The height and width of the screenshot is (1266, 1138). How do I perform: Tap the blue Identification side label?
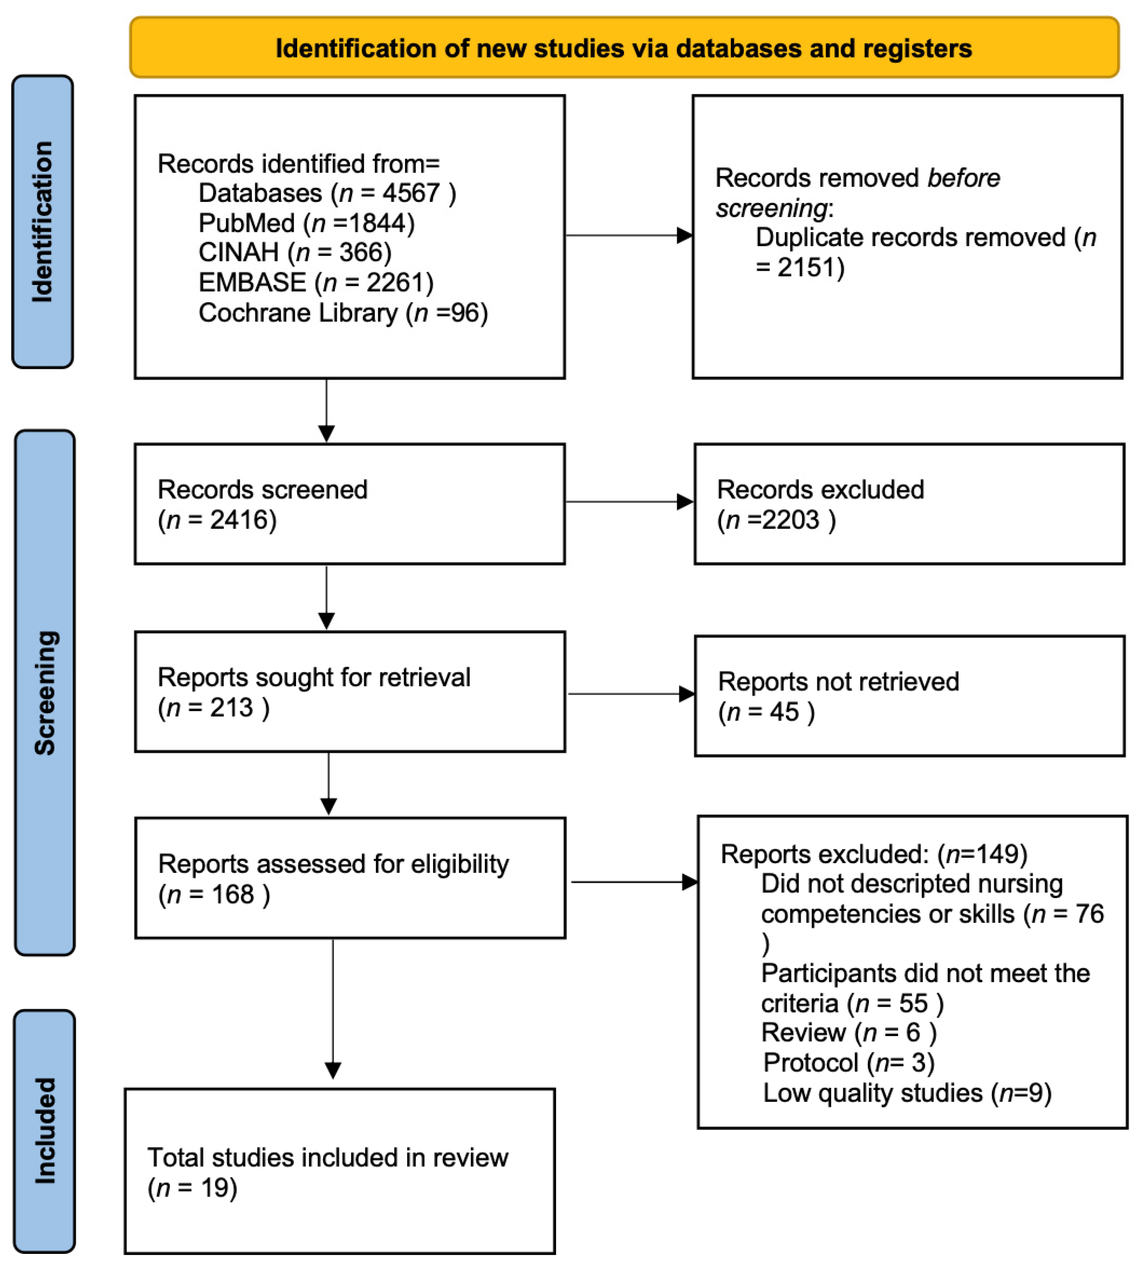(43, 222)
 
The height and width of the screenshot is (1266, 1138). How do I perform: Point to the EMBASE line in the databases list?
(316, 283)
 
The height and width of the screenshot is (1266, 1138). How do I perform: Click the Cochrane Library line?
(343, 313)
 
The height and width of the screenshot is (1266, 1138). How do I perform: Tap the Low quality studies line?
(907, 1093)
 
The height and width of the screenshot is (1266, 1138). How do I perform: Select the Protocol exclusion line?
(848, 1062)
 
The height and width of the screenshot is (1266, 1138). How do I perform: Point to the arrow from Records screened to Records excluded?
(628, 501)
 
